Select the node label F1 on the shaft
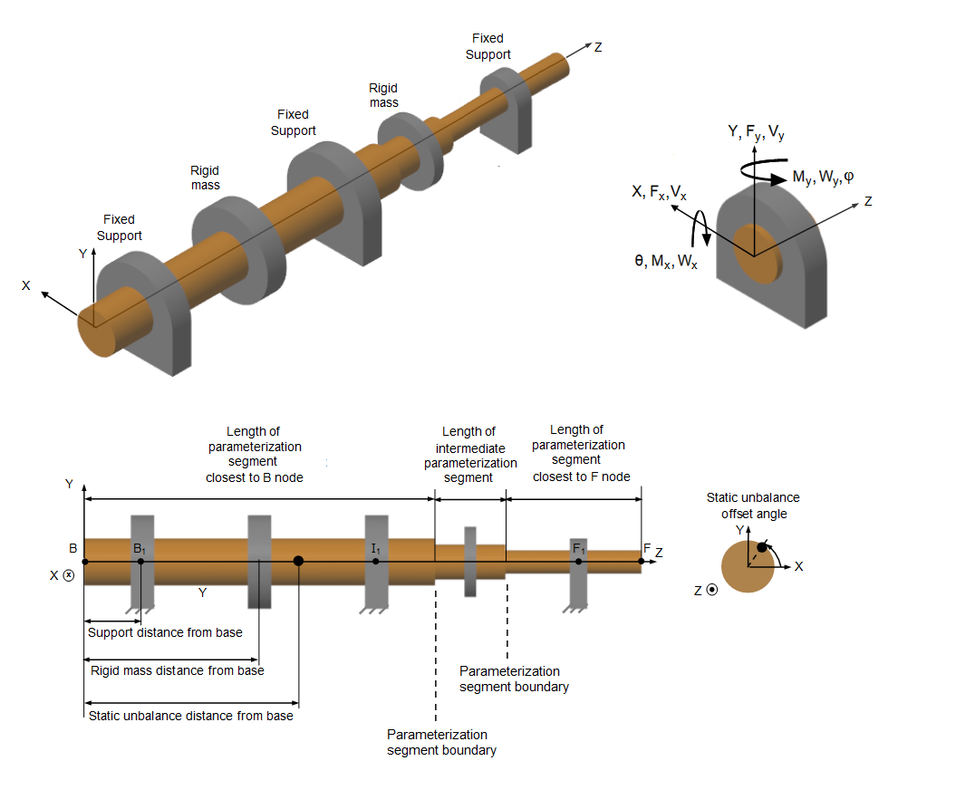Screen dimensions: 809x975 click(x=578, y=549)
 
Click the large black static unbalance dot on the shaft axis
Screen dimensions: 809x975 click(x=298, y=561)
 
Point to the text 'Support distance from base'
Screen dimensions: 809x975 click(x=165, y=632)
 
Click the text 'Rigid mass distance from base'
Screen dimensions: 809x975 click(x=178, y=670)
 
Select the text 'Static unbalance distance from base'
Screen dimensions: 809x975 click(x=190, y=716)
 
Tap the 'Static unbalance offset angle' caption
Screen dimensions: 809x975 click(x=753, y=506)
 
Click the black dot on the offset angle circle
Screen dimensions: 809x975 click(x=762, y=548)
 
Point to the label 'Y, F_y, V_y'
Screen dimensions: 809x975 click(x=756, y=132)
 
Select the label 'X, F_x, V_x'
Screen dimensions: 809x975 click(x=659, y=192)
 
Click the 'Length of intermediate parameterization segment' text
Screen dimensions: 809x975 click(x=469, y=455)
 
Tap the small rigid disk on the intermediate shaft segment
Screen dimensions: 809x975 click(x=470, y=561)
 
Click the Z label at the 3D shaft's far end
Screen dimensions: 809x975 click(x=597, y=46)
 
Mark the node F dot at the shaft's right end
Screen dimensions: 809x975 click(x=642, y=561)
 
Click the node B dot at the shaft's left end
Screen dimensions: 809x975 click(x=84, y=561)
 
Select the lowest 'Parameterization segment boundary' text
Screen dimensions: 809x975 click(x=441, y=742)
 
